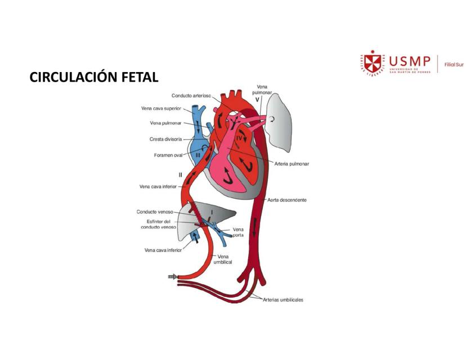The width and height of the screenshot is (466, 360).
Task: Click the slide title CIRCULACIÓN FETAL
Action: click(x=94, y=77)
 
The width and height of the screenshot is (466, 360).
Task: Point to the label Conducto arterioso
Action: click(x=191, y=96)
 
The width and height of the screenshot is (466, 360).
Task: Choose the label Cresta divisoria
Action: click(x=165, y=139)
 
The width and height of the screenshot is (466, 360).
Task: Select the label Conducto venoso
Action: click(x=155, y=212)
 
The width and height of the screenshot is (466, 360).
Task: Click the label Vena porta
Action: click(x=238, y=232)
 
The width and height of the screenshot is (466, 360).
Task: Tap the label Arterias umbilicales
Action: click(x=283, y=300)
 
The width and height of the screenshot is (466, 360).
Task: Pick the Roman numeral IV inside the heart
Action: click(x=239, y=137)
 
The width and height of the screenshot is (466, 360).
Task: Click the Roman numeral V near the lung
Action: click(x=257, y=100)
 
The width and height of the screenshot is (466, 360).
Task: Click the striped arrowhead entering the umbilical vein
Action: click(x=173, y=277)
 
